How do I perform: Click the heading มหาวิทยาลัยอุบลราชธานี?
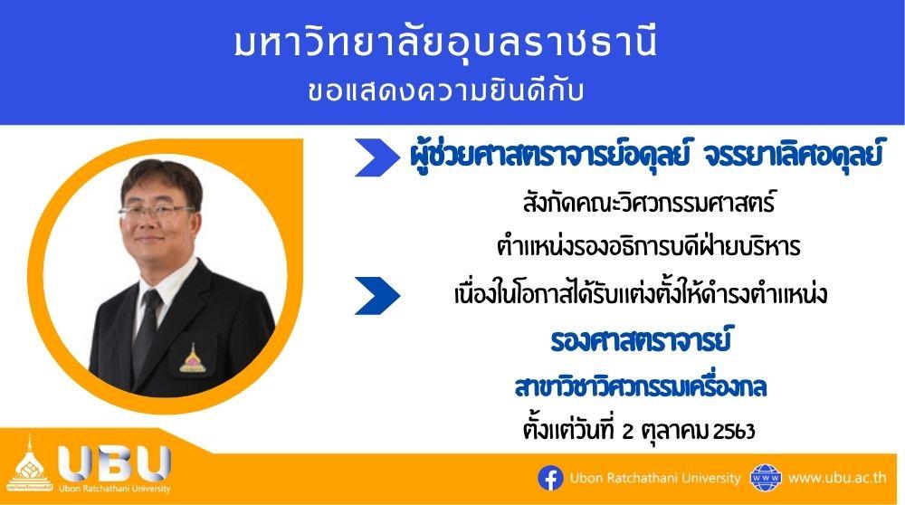(445, 43)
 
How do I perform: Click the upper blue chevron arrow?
(376, 157)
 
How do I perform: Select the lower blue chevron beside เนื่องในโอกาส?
(376, 296)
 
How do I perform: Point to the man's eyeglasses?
(157, 211)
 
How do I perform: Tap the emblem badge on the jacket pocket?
(190, 358)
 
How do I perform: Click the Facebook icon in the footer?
(550, 479)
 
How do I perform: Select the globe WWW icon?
(766, 478)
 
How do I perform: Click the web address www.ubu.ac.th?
(837, 478)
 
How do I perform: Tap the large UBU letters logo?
(114, 463)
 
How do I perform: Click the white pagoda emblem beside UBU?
(30, 465)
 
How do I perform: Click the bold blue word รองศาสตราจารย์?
(641, 340)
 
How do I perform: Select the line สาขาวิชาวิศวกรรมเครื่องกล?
(641, 387)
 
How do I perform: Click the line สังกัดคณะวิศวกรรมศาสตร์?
(649, 203)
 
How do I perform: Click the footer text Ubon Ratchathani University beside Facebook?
(655, 479)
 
